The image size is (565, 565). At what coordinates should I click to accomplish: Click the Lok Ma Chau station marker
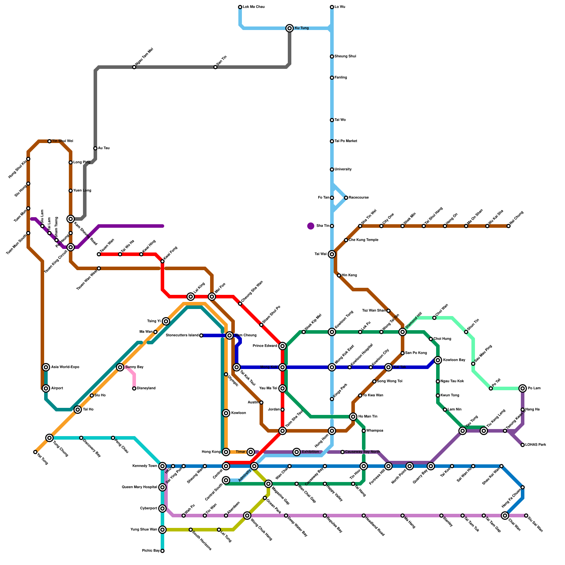click(240, 7)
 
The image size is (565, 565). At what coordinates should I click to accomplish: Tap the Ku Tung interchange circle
click(290, 28)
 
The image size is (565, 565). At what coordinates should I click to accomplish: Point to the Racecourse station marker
click(346, 198)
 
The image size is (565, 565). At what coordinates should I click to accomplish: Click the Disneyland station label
click(146, 388)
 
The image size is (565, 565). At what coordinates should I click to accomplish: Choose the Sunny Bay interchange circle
click(120, 367)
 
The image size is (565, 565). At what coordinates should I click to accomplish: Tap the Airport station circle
click(46, 388)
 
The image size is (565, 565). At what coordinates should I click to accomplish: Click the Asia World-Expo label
click(65, 367)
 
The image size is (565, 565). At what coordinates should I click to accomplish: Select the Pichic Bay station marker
click(162, 551)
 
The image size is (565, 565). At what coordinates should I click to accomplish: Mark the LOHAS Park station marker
click(523, 445)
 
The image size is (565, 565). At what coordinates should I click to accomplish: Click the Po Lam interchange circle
click(523, 388)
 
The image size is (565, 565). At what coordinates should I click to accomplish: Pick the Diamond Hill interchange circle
click(403, 332)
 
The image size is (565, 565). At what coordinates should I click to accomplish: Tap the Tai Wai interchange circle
click(332, 254)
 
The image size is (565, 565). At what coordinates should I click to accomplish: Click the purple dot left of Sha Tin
click(311, 226)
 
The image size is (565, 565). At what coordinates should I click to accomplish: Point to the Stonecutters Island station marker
click(201, 335)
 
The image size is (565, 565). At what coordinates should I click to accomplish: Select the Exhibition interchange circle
click(297, 452)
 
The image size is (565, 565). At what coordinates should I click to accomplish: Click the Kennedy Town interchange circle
click(162, 466)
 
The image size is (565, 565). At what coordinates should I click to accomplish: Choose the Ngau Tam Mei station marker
click(134, 67)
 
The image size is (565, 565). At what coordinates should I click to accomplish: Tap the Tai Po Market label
click(346, 141)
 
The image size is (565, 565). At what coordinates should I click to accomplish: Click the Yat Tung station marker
click(35, 452)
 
